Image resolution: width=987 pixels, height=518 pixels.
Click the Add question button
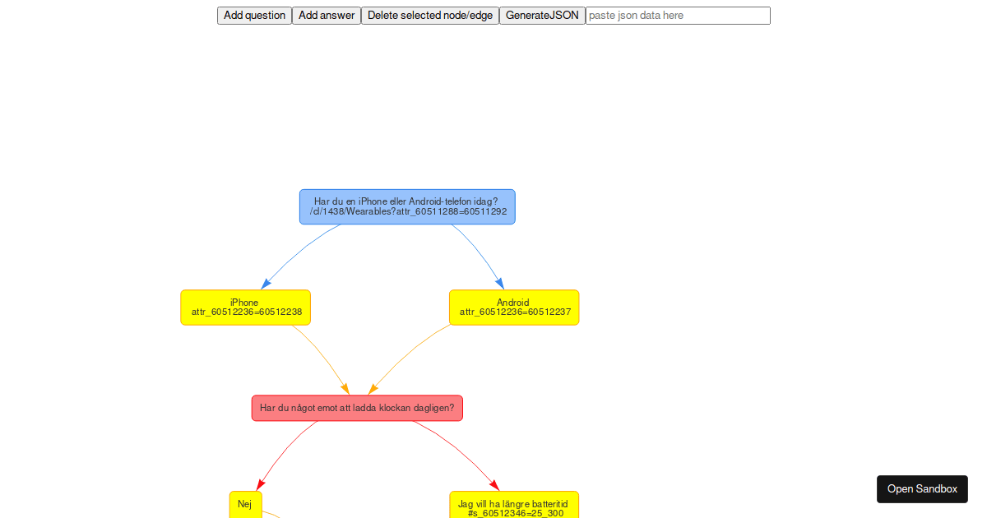point(254,16)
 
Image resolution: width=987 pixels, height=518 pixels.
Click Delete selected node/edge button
point(429,16)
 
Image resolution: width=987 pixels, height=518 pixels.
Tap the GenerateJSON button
point(542,16)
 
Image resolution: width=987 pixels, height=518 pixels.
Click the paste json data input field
point(678,16)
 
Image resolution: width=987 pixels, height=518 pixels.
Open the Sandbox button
point(922,489)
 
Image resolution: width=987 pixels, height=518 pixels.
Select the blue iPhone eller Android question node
point(407,206)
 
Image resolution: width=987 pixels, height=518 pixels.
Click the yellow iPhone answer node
point(245,308)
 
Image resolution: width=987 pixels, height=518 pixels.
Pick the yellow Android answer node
point(514,308)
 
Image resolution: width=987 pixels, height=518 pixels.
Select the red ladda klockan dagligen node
point(357,408)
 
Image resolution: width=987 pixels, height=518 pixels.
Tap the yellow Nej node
point(246,505)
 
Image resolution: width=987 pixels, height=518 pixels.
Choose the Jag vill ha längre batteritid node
point(514,505)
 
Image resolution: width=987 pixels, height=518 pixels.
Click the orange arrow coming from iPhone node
point(324,356)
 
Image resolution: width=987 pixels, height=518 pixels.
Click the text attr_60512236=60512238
point(247,312)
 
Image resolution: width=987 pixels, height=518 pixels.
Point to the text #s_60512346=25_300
point(516,513)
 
